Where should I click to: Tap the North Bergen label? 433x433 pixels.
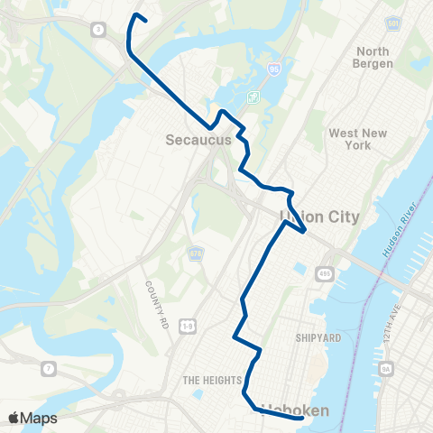click(x=373, y=58)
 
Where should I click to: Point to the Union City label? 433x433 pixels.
click(x=320, y=216)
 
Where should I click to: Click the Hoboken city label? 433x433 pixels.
click(x=295, y=410)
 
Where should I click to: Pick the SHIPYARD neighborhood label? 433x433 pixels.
click(x=317, y=337)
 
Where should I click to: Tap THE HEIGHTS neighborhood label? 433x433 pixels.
click(x=209, y=380)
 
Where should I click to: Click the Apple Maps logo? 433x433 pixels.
click(x=32, y=418)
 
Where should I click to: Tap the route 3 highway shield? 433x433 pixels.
click(x=97, y=29)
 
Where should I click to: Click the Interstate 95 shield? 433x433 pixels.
click(x=274, y=69)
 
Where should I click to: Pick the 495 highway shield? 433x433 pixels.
click(x=323, y=272)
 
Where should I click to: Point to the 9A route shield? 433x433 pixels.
click(x=386, y=368)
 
